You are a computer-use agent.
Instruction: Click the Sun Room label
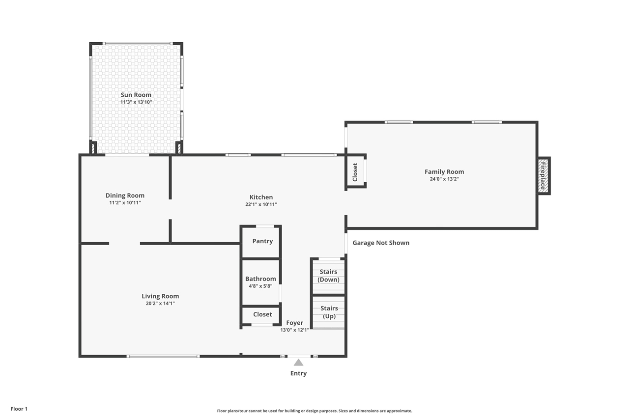pyautogui.click(x=136, y=95)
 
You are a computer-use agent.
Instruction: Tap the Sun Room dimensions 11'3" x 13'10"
pyautogui.click(x=136, y=102)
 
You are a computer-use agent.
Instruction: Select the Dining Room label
pyautogui.click(x=125, y=196)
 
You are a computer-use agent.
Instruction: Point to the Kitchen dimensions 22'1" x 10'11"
pyautogui.click(x=261, y=204)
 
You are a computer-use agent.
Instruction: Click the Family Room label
pyautogui.click(x=444, y=172)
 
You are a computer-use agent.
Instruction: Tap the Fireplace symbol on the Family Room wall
pyautogui.click(x=543, y=176)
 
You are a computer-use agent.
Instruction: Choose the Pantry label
pyautogui.click(x=262, y=241)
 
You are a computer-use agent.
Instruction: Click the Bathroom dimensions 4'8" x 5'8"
pyautogui.click(x=260, y=286)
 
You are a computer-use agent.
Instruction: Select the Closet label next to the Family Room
pyautogui.click(x=355, y=172)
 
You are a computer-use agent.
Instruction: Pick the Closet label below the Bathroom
pyautogui.click(x=262, y=314)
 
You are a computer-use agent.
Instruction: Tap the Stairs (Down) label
pyautogui.click(x=329, y=276)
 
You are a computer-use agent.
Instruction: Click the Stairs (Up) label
pyautogui.click(x=329, y=312)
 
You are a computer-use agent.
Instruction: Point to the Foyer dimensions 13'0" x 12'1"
pyautogui.click(x=294, y=330)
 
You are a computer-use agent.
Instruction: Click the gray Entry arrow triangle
pyautogui.click(x=298, y=363)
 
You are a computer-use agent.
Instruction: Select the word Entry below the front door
pyautogui.click(x=298, y=373)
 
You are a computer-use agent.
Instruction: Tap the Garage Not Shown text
pyautogui.click(x=381, y=243)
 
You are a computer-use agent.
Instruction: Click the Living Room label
pyautogui.click(x=160, y=296)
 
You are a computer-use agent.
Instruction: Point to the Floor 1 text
pyautogui.click(x=19, y=409)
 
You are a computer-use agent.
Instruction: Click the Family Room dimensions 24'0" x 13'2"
pyautogui.click(x=444, y=179)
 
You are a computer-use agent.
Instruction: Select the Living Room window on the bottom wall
pyautogui.click(x=163, y=357)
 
